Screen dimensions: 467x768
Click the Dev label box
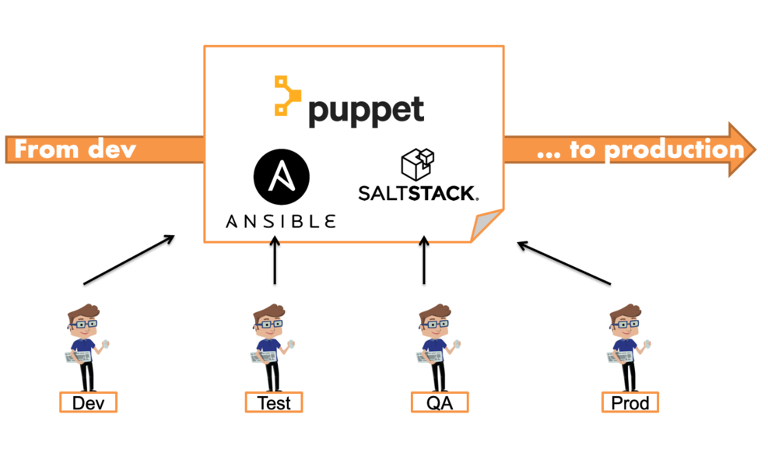point(88,402)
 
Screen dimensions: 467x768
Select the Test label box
point(273,402)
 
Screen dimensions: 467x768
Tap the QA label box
point(440,402)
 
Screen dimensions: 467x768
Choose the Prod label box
point(629,402)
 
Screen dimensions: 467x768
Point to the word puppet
point(366,109)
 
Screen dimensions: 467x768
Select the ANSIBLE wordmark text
point(281,221)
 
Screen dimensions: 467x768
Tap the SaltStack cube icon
point(417,164)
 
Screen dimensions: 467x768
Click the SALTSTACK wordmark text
point(418,192)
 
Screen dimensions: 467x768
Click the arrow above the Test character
point(275,262)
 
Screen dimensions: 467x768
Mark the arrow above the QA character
point(424,262)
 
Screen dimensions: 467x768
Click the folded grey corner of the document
point(484,228)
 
